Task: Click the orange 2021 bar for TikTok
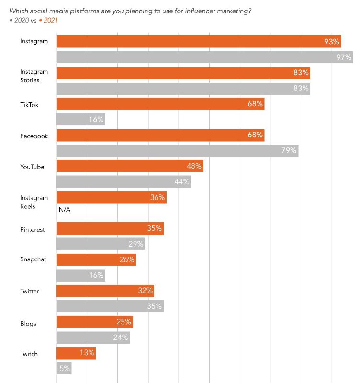pos(160,104)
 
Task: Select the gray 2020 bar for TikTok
pos(80,119)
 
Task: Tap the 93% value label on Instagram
pos(332,42)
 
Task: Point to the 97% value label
pos(344,57)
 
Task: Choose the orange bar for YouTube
pos(130,166)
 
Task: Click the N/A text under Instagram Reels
pos(65,209)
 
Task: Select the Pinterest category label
pos(32,230)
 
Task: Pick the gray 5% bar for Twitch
pos(64,369)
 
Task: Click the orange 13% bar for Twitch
pos(76,353)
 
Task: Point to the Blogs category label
pos(28,324)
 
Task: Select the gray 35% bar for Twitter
pos(110,306)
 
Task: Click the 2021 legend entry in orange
pos(49,20)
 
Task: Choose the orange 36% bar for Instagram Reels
pos(112,197)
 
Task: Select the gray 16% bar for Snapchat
pos(80,275)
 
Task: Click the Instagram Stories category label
pos(34,76)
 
